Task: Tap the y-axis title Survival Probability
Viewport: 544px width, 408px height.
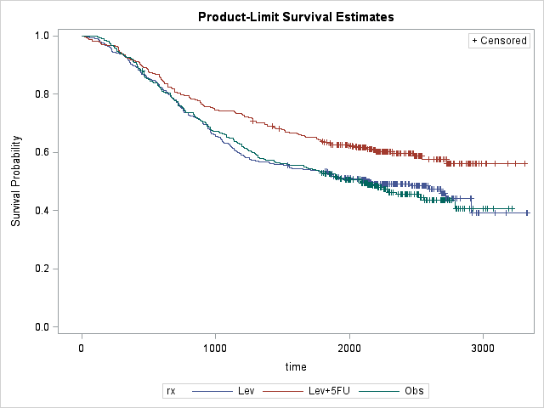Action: tap(16, 181)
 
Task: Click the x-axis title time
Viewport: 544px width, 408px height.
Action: tap(297, 365)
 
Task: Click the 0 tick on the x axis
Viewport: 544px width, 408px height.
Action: tap(82, 348)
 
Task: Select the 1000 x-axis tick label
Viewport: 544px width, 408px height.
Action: tap(215, 348)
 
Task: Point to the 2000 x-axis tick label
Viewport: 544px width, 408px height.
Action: tap(349, 348)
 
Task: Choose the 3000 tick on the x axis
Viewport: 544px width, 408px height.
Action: tap(483, 348)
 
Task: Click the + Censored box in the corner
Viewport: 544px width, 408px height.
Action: tap(499, 41)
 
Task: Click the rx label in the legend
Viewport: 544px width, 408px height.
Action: tap(170, 391)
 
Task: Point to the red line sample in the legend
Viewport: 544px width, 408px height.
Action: tap(279, 391)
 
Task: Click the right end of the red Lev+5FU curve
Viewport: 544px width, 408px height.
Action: tap(527, 163)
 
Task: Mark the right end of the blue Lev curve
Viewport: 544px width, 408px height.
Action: tap(528, 212)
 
